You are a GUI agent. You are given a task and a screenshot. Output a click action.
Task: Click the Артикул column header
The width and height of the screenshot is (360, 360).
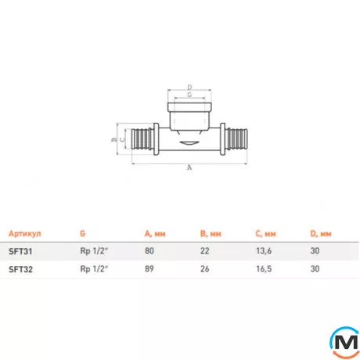click(x=25, y=233)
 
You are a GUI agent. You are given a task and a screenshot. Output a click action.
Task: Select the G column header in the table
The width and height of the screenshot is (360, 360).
click(x=83, y=233)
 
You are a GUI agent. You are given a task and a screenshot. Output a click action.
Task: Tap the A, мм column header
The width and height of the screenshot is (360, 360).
click(x=155, y=233)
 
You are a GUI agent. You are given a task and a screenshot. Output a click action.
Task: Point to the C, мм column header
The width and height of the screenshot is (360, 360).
click(x=265, y=233)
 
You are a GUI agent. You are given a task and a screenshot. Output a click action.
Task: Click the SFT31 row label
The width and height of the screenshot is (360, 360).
click(x=20, y=251)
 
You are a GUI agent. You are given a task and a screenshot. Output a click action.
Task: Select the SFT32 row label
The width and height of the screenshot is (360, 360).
click(x=20, y=269)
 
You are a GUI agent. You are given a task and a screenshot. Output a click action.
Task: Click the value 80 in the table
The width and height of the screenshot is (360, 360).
click(x=149, y=250)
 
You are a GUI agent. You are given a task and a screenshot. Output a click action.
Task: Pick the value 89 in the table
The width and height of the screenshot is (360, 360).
click(x=149, y=268)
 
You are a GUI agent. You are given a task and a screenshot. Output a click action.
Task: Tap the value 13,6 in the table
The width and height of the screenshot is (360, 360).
click(x=264, y=251)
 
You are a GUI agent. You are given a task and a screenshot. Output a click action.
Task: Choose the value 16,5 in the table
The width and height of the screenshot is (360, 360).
click(x=264, y=268)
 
